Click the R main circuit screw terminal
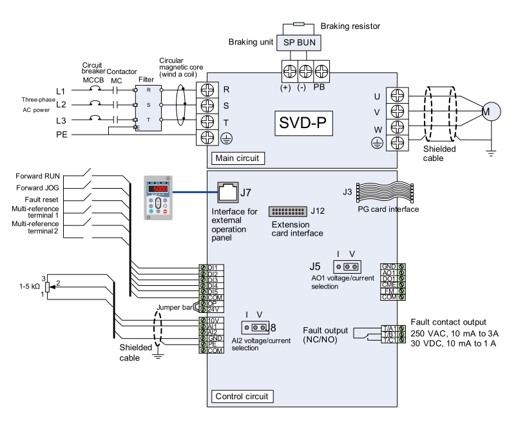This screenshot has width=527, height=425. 207,89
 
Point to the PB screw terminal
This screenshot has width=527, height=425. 321,70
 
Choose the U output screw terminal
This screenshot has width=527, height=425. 397,96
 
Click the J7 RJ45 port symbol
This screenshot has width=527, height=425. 225,191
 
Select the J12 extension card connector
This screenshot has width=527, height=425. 288,211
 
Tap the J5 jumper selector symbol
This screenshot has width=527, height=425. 346,267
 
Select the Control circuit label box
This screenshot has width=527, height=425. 242,396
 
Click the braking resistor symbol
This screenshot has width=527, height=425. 299,24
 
